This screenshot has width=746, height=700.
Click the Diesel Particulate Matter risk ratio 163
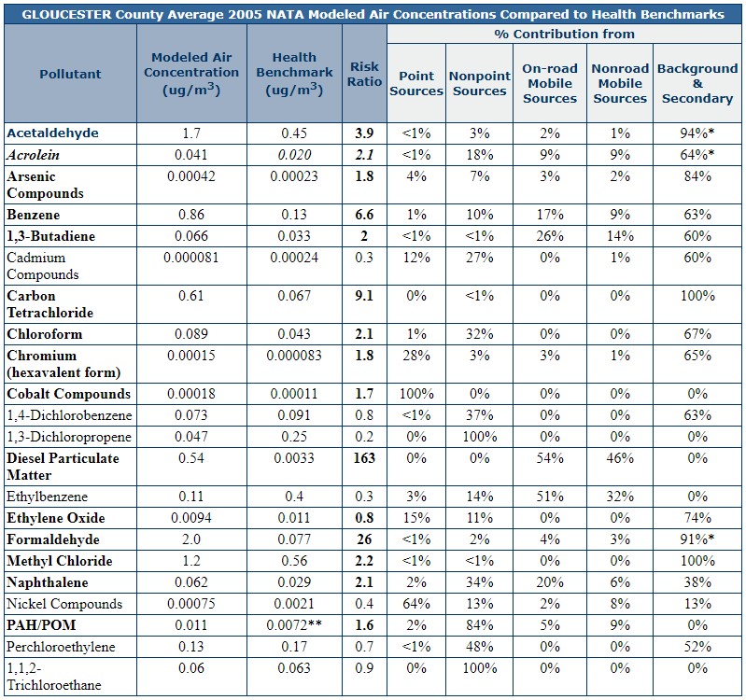364,458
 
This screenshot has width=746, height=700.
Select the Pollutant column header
70,74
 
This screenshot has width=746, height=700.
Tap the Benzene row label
34,215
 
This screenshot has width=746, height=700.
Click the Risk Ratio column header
364,74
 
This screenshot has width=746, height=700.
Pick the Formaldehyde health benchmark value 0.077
294,539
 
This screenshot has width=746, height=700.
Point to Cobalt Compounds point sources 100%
416,394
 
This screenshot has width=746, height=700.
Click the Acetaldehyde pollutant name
53,133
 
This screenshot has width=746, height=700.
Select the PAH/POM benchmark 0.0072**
294,624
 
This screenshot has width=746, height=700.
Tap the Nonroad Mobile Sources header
620,83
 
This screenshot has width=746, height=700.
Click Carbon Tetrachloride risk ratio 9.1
364,296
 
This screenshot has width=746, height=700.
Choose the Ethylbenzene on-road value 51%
550,497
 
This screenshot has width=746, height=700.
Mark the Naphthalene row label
48,582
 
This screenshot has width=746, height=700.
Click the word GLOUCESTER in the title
66,14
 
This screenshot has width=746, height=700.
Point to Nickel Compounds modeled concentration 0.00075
191,604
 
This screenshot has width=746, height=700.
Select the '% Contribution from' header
564,35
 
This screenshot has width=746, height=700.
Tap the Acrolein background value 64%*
697,155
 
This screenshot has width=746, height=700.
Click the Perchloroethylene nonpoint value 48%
480,646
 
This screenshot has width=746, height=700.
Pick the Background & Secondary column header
697,83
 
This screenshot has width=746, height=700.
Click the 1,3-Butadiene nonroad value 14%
620,236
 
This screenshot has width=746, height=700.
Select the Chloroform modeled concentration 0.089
191,334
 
